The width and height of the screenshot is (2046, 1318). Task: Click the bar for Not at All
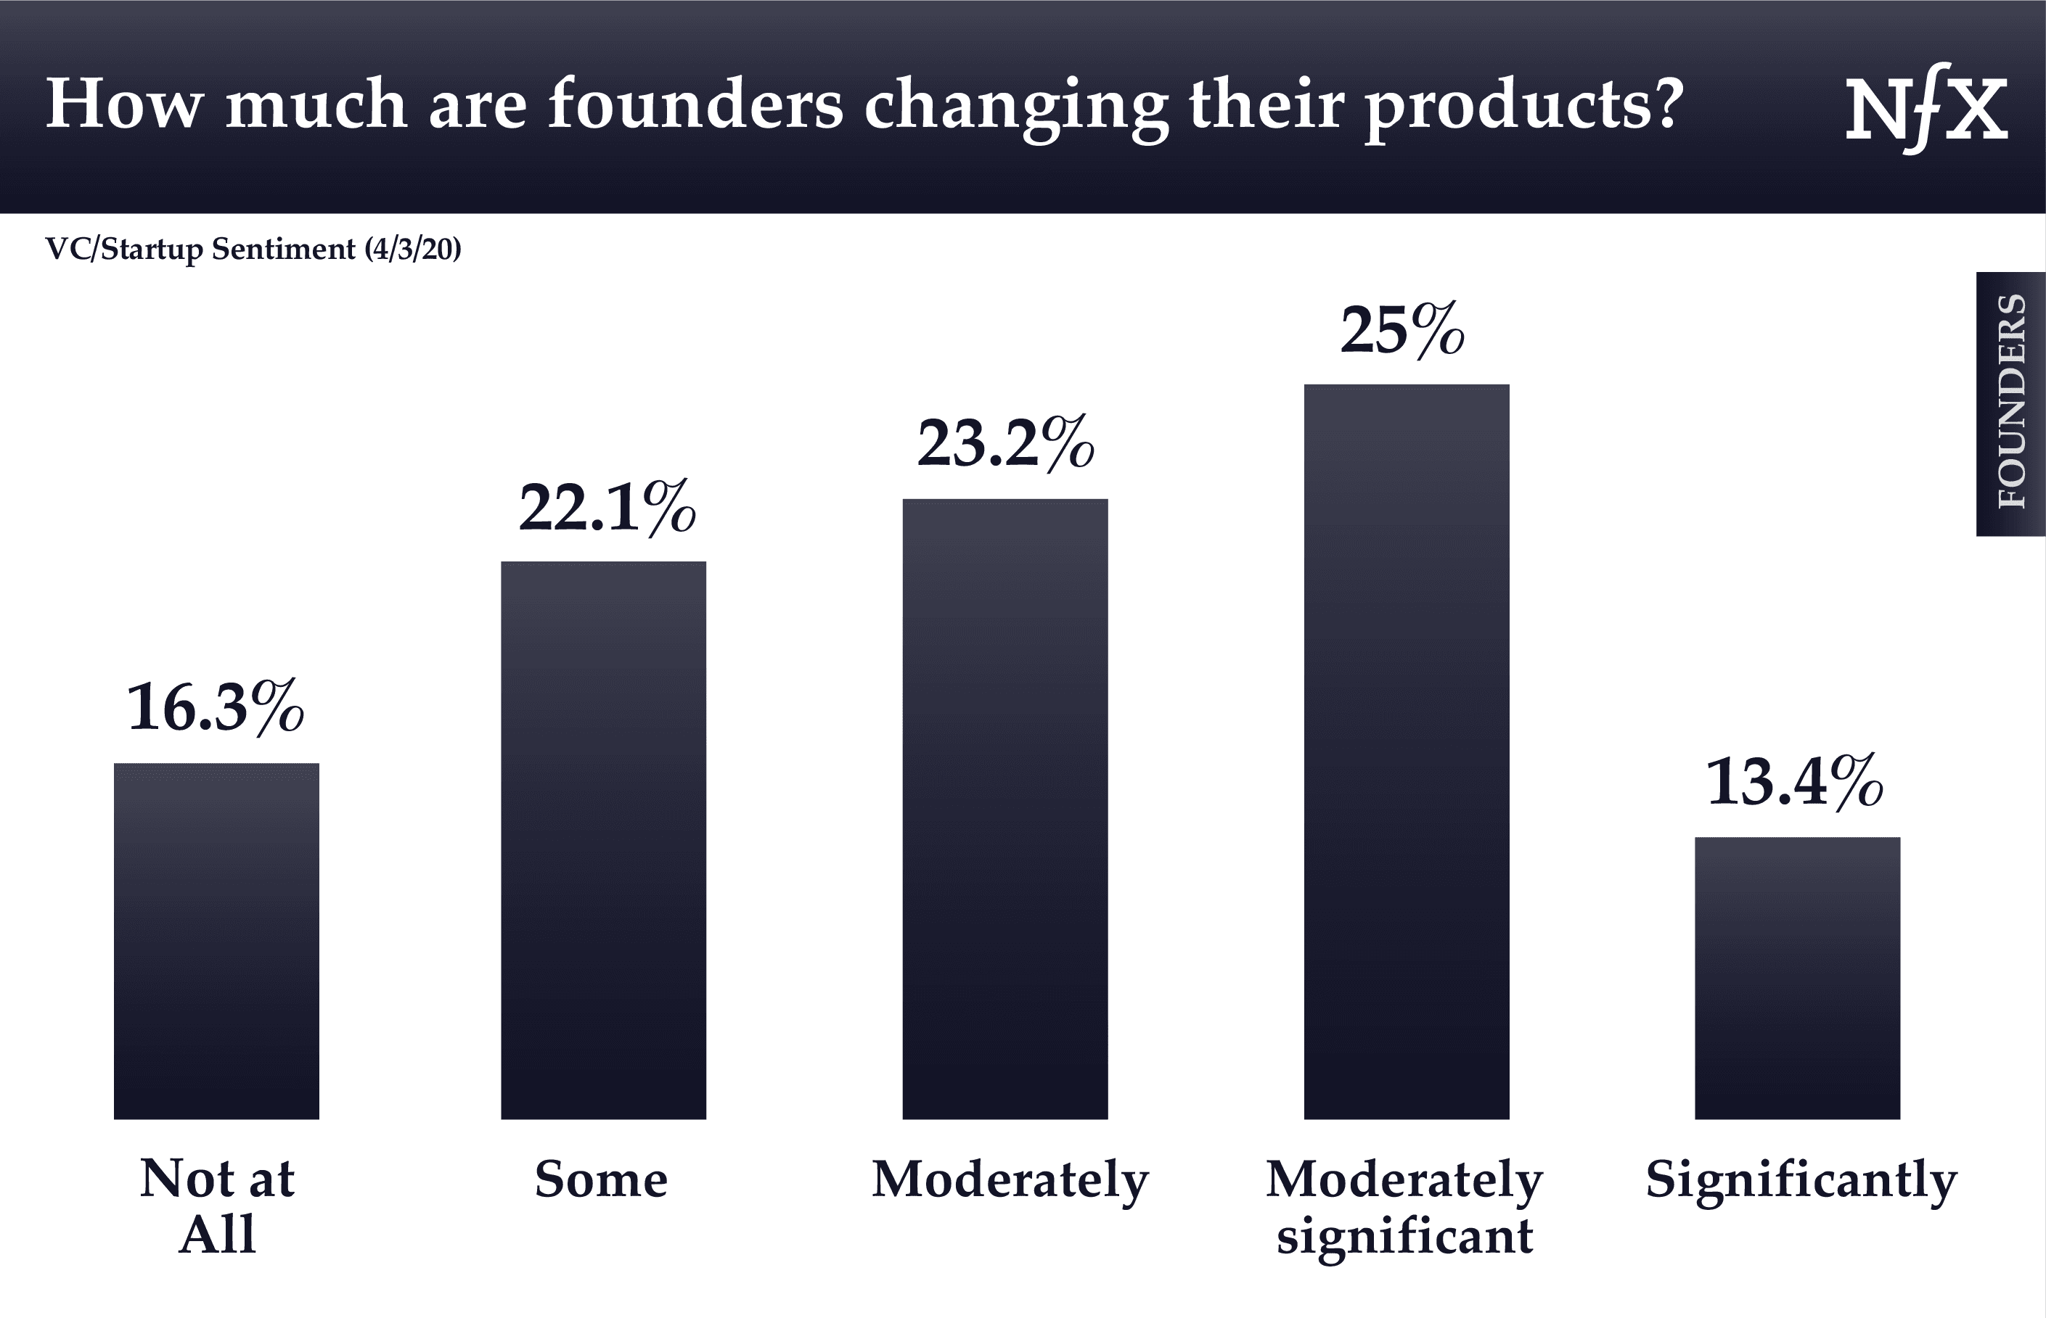pos(216,941)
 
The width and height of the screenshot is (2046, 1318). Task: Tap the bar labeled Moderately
pos(1005,809)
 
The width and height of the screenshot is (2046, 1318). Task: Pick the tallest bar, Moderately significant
pos(1407,751)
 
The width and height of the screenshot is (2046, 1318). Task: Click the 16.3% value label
pos(216,707)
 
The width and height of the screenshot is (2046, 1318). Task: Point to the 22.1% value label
pos(607,508)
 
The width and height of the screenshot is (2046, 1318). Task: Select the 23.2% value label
pos(1006,443)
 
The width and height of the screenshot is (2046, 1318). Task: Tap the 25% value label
pos(1402,330)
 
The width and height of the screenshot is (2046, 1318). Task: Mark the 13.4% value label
pos(1795,781)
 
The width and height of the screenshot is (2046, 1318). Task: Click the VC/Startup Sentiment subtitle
pos(200,249)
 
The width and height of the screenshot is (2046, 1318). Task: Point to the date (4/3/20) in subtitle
pos(413,249)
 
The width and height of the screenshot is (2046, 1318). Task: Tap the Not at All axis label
pos(218,1206)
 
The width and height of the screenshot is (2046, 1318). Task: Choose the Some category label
pos(601,1179)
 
